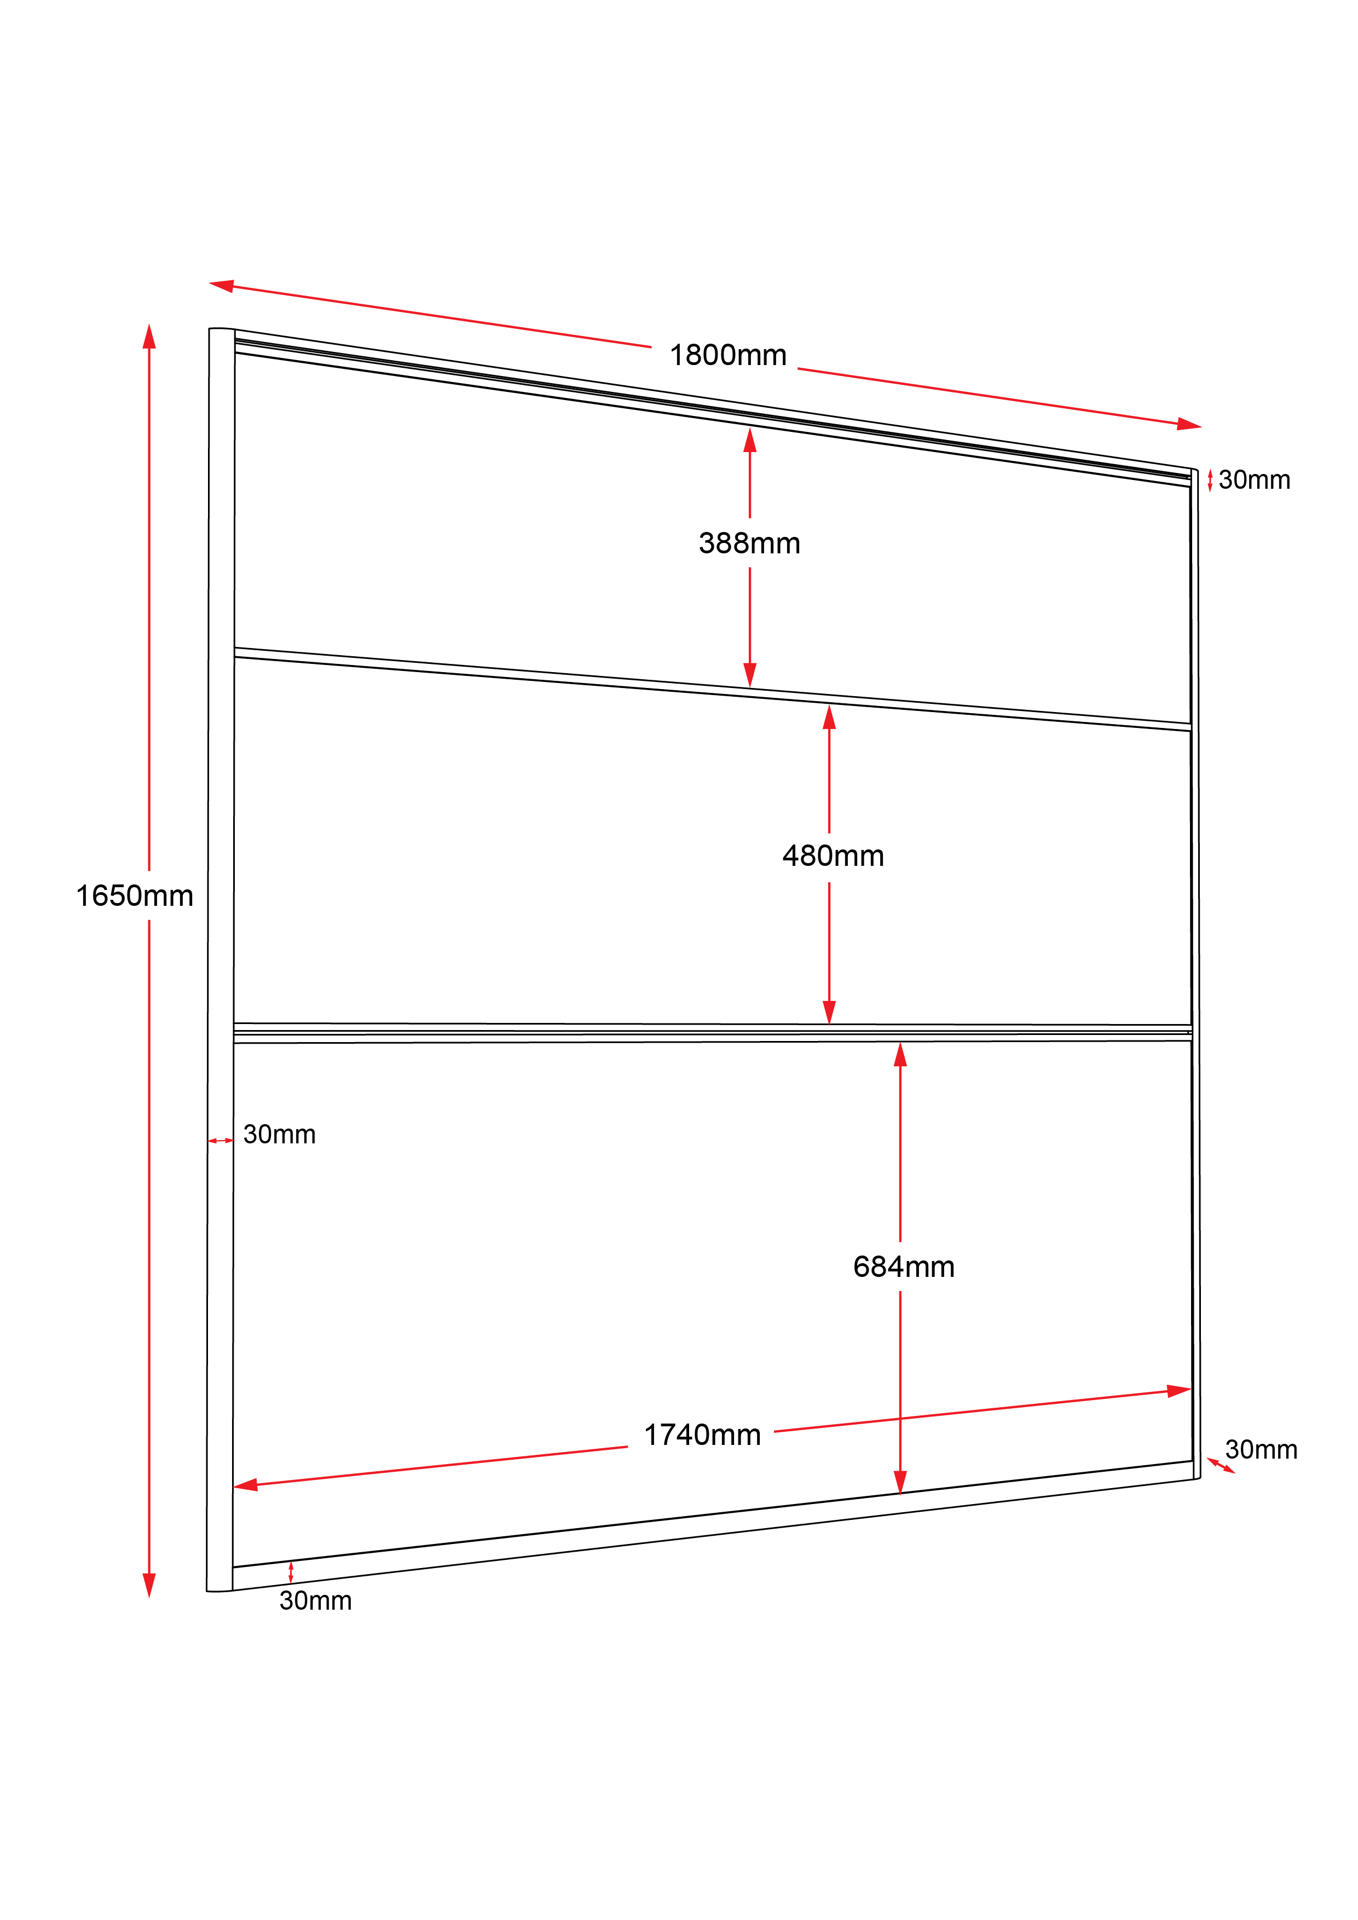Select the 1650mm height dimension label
[135, 895]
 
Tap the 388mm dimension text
[749, 543]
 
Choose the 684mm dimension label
[904, 1267]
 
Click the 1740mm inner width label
[702, 1435]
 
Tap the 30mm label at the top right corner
[1255, 480]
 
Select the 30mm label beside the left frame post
[279, 1135]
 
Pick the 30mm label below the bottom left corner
[315, 1600]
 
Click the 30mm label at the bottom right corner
[1261, 1449]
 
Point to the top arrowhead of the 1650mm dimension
[149, 336]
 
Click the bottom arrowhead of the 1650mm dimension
[149, 1586]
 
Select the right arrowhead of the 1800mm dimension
[1189, 424]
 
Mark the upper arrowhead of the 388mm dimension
[750, 440]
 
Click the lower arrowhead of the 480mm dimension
[829, 1012]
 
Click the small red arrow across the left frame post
[221, 1141]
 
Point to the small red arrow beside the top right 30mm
[1210, 481]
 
